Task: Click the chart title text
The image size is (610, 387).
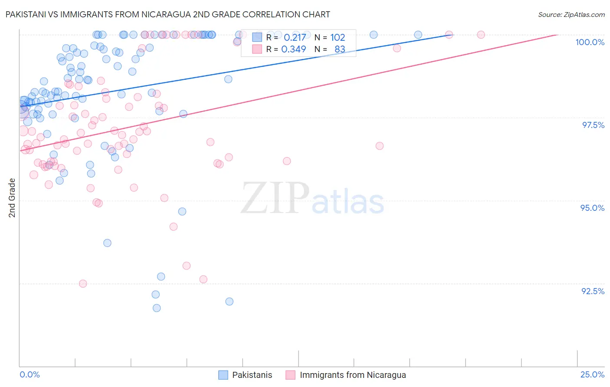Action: pos(167,14)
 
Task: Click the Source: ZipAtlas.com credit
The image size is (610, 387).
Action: pos(571,14)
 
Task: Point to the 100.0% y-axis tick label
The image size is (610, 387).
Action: pos(590,42)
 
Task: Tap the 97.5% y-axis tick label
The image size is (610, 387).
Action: pos(593,125)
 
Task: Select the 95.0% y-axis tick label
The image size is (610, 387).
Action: pos(592,208)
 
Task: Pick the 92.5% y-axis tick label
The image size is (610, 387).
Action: pos(593,291)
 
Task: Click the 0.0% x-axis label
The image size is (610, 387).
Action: pos(30,374)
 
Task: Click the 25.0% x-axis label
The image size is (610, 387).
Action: pos(592,374)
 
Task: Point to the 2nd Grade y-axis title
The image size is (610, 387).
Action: pos(12,198)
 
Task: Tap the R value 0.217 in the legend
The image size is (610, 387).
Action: pos(295,37)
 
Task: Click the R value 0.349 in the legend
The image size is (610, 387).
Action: pos(294,49)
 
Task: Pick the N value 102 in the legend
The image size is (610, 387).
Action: pos(338,37)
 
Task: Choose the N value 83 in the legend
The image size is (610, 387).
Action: pos(340,49)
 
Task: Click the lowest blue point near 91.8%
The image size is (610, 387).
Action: pos(157,308)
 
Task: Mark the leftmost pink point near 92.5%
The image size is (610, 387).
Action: pos(83,283)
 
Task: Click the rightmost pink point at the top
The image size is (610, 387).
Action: pos(481,35)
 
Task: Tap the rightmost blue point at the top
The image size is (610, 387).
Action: pos(418,35)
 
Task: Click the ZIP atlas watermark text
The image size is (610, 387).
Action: pos(312,199)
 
